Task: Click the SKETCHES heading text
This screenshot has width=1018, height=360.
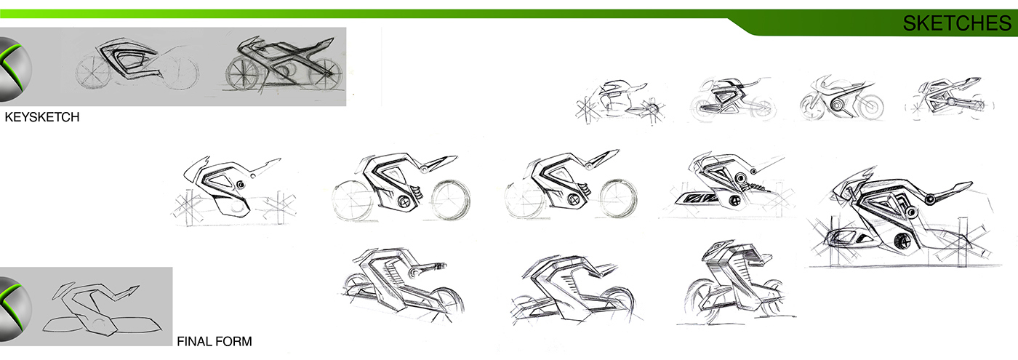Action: tap(956, 23)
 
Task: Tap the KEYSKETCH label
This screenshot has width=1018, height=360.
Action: tap(41, 117)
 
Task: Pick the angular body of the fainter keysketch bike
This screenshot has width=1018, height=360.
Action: tap(132, 63)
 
